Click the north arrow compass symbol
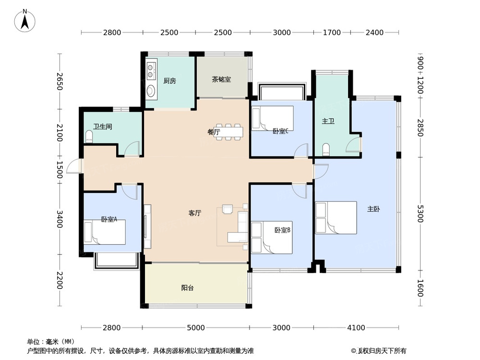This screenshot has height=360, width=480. click(25, 21)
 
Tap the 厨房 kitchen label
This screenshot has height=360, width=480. click(169, 81)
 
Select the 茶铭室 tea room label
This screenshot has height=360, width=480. click(221, 79)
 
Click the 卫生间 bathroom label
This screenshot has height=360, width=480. click(103, 126)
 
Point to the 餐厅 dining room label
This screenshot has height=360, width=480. click(214, 132)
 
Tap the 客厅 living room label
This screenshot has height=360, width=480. click(195, 213)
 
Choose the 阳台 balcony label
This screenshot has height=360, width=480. click(187, 288)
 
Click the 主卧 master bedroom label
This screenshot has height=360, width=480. click(373, 209)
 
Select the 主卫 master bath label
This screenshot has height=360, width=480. click(328, 121)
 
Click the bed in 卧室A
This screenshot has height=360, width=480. click(105, 232)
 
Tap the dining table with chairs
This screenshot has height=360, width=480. click(228, 132)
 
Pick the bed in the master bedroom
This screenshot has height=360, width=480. click(336, 217)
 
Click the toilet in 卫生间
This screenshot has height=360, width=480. click(89, 136)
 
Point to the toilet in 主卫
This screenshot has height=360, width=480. click(326, 149)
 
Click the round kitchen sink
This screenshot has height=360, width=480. click(151, 91)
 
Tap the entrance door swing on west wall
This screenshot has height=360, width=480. click(74, 166)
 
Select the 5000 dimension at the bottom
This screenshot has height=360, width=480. click(196, 327)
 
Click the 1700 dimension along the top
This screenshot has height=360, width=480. click(332, 32)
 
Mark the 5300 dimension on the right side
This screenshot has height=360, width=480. click(420, 214)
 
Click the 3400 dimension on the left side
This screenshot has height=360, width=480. click(60, 219)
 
